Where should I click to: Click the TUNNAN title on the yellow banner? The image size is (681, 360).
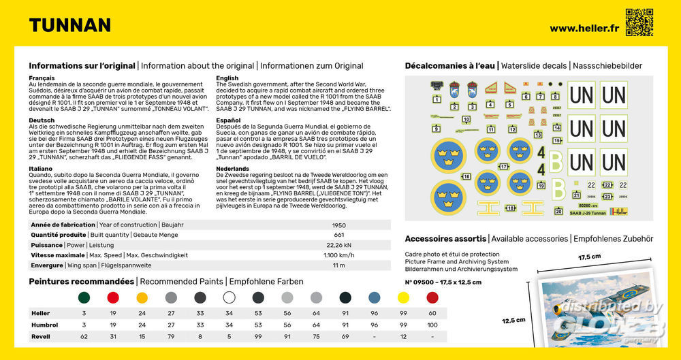click(x=69, y=26)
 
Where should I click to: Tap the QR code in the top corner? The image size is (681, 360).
click(x=639, y=22)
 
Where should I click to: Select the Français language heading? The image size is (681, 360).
click(x=42, y=78)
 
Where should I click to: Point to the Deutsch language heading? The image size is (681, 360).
click(x=41, y=120)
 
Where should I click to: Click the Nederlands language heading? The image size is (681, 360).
click(x=232, y=168)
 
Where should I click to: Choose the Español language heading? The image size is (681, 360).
click(x=228, y=120)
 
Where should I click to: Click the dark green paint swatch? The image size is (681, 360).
click(x=84, y=297)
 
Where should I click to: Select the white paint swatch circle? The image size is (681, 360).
click(x=229, y=297)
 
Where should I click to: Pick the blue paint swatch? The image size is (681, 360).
click(x=374, y=297)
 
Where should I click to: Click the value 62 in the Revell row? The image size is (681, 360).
click(x=84, y=337)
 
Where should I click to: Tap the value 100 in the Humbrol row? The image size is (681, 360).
click(x=432, y=325)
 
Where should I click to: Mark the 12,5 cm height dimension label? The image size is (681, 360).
click(x=515, y=320)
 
